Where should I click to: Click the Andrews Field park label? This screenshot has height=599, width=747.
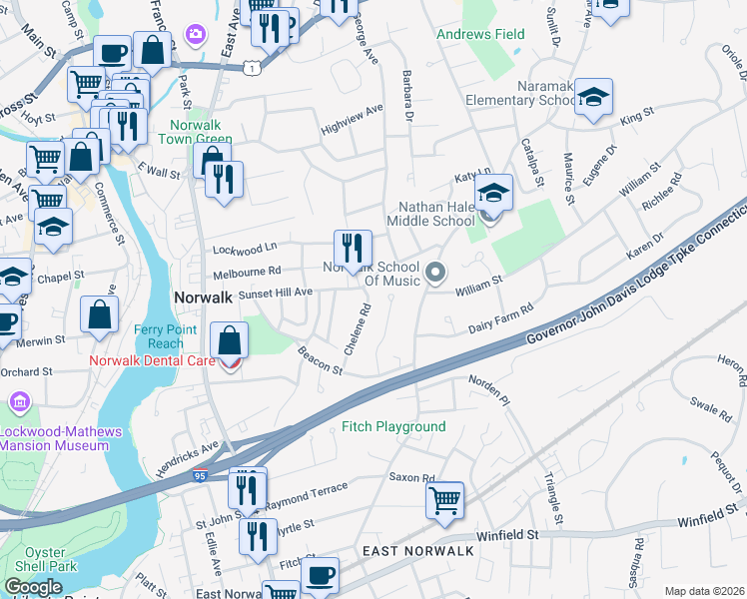(480, 34)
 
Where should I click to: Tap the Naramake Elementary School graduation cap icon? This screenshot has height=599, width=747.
(593, 97)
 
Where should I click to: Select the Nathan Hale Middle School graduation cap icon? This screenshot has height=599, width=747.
(492, 192)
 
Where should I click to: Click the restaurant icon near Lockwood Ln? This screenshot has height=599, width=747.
(352, 247)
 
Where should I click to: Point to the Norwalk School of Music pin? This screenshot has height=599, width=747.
(434, 272)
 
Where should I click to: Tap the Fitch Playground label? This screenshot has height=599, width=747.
(393, 426)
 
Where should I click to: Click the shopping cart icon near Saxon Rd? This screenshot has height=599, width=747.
(444, 499)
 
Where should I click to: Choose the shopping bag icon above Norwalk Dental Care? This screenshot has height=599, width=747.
(230, 339)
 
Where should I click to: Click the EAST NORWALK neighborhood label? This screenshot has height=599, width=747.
(404, 551)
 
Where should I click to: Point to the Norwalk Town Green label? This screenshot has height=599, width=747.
(200, 133)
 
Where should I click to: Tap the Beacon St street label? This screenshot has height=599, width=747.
(320, 361)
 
